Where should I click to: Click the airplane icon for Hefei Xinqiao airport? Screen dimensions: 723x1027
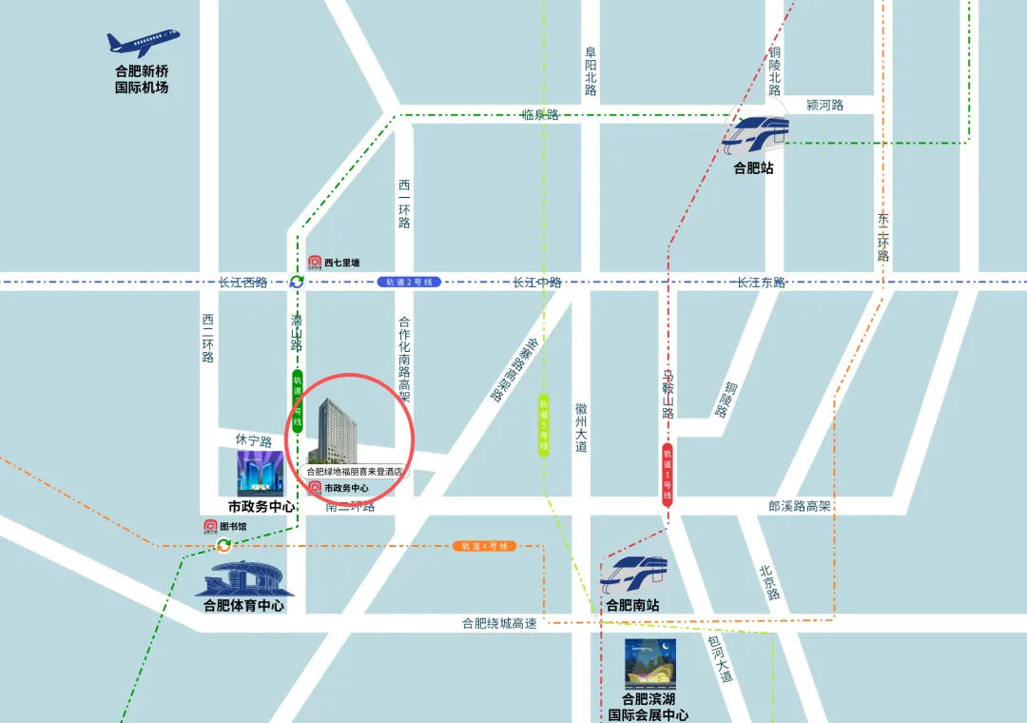142,44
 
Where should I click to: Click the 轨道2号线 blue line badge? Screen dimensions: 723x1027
410,283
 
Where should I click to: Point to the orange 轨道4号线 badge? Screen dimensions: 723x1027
484,546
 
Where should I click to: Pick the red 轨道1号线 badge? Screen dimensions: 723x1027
668,473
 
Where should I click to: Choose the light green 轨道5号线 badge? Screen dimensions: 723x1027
544,425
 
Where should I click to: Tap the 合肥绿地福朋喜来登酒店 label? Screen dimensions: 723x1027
354,471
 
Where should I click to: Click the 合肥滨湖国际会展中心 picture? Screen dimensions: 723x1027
651,664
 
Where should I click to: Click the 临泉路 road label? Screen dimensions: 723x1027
540,115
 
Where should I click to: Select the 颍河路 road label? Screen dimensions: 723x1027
824,105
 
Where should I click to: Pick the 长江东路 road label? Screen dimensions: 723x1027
761,283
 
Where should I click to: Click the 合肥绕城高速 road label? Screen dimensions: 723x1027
499,624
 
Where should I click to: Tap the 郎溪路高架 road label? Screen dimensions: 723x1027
800,506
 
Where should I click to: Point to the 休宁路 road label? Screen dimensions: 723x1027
254,441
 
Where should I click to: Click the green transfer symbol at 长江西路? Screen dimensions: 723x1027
297,283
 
